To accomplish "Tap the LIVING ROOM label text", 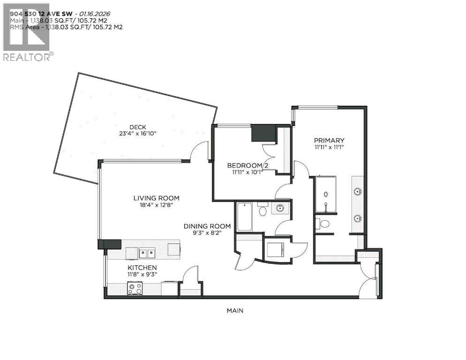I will [156, 198].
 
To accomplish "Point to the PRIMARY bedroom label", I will [329, 140].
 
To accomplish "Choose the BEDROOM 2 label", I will [244, 165].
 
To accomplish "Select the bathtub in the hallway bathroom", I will [244, 217].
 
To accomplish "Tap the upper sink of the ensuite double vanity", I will [358, 191].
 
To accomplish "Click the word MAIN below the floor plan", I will [235, 310].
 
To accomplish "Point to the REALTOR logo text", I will [27, 57].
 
